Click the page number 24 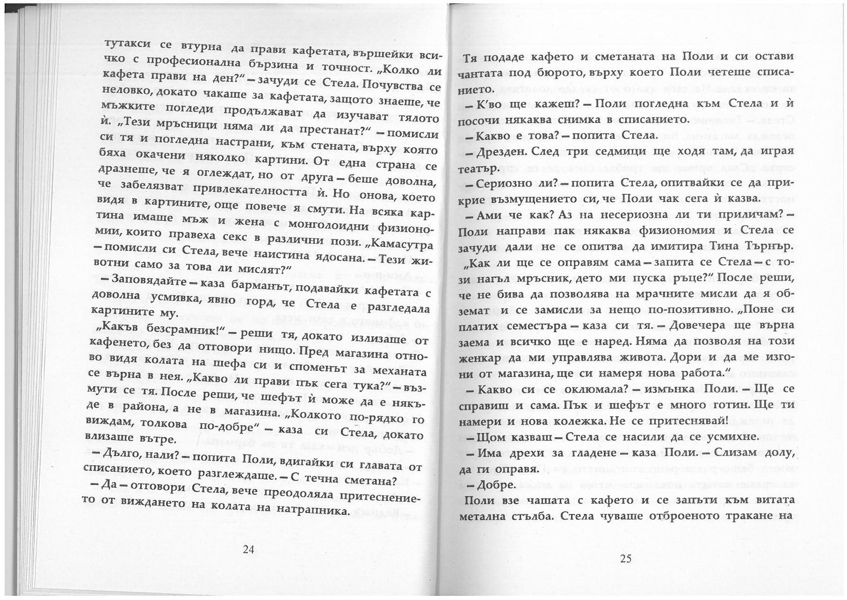pos(248,549)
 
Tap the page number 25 pos(626,558)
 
